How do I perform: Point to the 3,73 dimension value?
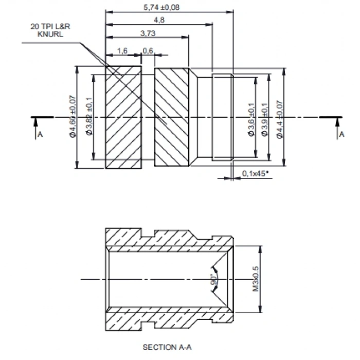coord(148,33)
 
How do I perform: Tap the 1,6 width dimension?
coord(122,50)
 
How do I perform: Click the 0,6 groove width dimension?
coord(148,50)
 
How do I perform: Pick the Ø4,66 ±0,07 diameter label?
coord(73,117)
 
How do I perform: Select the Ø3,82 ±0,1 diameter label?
coord(89,117)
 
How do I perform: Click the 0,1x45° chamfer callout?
coord(254,174)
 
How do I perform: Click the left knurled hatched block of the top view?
coord(123,117)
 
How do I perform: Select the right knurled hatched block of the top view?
coord(174,117)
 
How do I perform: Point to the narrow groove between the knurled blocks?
coord(148,117)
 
